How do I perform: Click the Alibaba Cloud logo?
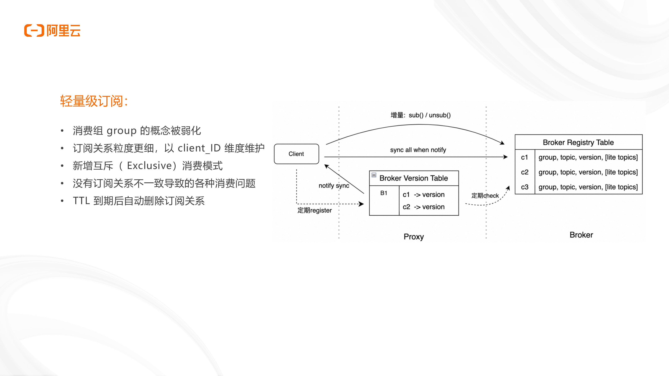[x=52, y=31]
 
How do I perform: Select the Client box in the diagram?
[x=296, y=154]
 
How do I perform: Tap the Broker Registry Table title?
[x=578, y=142]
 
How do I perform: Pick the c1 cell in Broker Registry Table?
[x=524, y=157]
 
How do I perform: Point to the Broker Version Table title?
[x=414, y=178]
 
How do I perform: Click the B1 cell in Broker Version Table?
[x=384, y=193]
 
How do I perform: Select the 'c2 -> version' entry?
[x=424, y=207]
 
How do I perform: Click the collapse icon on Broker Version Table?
[x=374, y=175]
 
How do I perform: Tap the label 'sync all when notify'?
[x=418, y=150]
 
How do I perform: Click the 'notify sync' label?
[x=334, y=185]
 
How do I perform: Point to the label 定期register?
[x=314, y=210]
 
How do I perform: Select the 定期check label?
[x=485, y=195]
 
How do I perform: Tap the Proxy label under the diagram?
[x=414, y=236]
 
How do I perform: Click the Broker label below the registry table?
[x=581, y=235]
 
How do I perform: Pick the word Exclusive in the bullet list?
[x=149, y=166]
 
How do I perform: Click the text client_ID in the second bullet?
[x=199, y=148]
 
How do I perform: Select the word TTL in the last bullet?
[x=81, y=201]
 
